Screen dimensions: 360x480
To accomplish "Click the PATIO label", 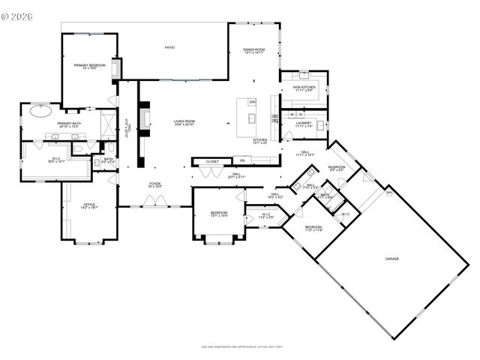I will point(170,48).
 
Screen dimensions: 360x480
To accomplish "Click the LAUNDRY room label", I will point(304,124).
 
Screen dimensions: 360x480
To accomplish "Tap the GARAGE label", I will point(391,259).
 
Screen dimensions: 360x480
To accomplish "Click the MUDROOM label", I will point(337,168).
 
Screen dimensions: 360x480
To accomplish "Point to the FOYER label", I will point(154,184).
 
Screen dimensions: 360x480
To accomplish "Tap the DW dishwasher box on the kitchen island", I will point(252,102).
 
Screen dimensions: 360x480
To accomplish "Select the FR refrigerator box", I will point(242,160).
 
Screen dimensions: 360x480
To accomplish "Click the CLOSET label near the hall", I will point(212,160).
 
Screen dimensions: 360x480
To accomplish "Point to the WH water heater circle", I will point(388,193).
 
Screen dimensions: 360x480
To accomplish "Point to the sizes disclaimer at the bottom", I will point(239,347).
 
